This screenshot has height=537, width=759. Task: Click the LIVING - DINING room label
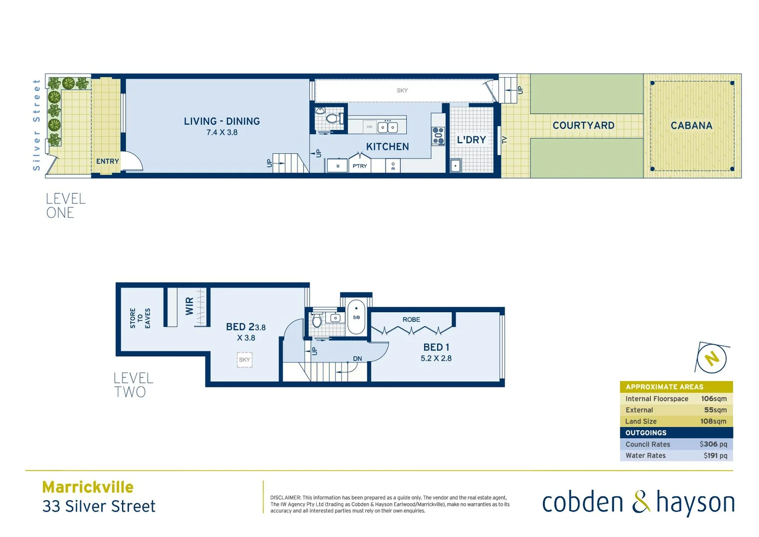click(222, 121)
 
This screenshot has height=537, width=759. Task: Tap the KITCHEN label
click(387, 147)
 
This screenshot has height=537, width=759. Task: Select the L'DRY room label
click(471, 140)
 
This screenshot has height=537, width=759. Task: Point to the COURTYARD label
click(583, 126)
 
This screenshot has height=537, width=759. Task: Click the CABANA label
click(691, 126)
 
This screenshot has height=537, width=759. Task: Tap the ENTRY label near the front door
click(107, 162)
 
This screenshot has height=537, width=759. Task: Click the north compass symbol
click(712, 358)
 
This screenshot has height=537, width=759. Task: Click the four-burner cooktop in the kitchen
click(438, 136)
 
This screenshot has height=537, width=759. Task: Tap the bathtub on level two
click(356, 317)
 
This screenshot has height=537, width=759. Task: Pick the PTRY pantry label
click(360, 166)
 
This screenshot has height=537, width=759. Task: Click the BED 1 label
click(436, 348)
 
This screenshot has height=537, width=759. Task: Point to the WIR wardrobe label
click(189, 306)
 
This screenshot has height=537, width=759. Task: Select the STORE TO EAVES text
click(140, 318)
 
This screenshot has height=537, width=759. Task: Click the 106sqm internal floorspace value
click(713, 399)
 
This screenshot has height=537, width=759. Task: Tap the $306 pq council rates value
click(713, 445)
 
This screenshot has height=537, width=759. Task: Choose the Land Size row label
click(641, 422)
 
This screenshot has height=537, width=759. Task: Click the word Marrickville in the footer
click(88, 487)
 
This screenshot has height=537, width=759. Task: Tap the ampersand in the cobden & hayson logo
click(640, 502)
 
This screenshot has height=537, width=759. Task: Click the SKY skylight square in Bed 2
click(244, 360)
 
